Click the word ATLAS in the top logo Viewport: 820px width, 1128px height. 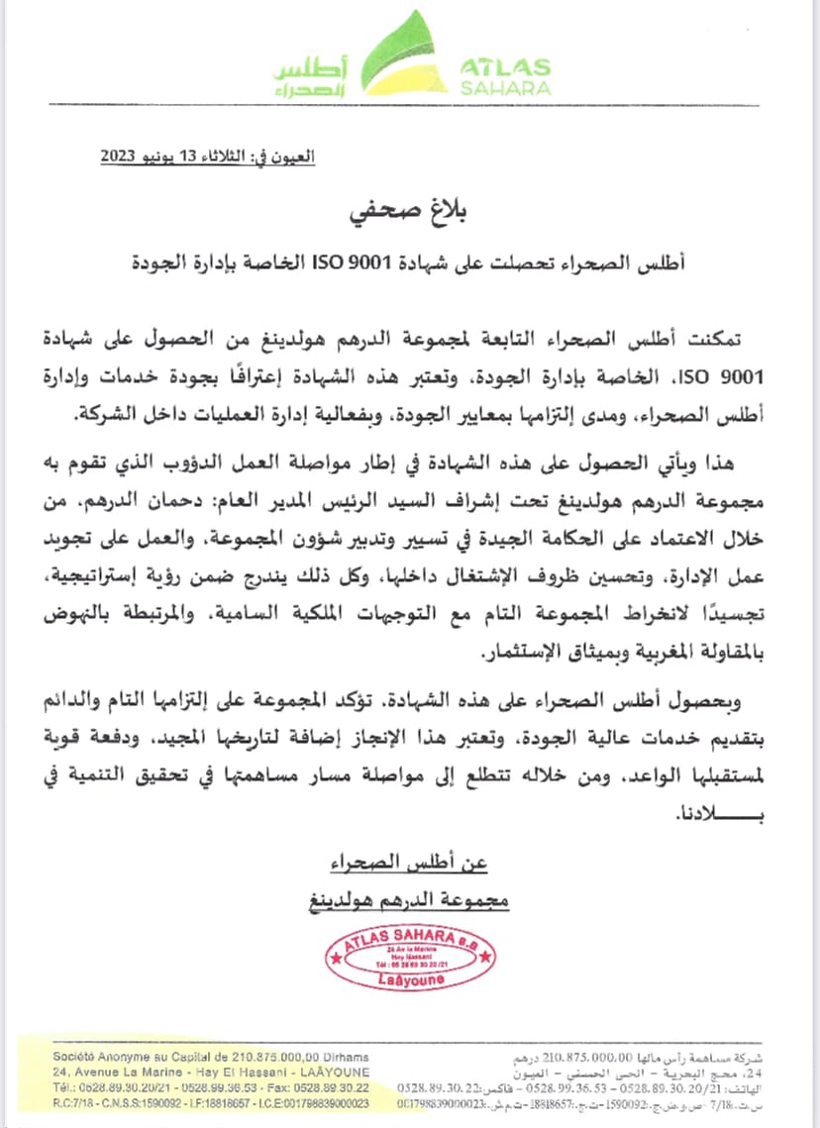(x=505, y=67)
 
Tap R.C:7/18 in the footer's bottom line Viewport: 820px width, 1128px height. (x=73, y=1102)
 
